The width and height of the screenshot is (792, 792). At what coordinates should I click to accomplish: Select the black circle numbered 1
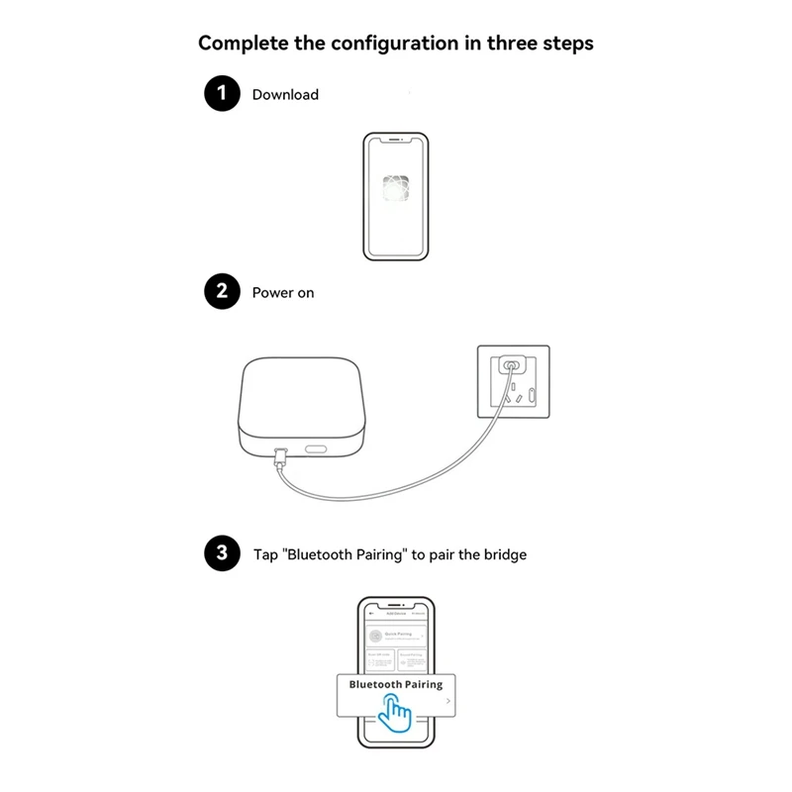pyautogui.click(x=222, y=94)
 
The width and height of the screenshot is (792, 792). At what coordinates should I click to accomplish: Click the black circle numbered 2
pyautogui.click(x=222, y=292)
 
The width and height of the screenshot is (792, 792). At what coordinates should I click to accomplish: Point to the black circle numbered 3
pyautogui.click(x=222, y=553)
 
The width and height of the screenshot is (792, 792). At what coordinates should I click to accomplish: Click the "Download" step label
pyautogui.click(x=285, y=95)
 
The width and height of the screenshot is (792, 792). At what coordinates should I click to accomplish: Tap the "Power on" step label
pyautogui.click(x=283, y=293)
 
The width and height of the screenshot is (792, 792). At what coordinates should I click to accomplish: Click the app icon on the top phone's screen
pyautogui.click(x=396, y=188)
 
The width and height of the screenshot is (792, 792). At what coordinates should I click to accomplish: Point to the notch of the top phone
pyautogui.click(x=396, y=141)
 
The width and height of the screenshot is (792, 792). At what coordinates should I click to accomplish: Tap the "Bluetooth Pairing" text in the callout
pyautogui.click(x=396, y=684)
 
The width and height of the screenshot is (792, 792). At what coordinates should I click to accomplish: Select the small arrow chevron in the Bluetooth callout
pyautogui.click(x=448, y=701)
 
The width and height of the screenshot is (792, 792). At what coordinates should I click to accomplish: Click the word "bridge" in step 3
pyautogui.click(x=504, y=554)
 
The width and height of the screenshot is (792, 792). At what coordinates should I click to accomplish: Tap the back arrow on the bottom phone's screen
pyautogui.click(x=370, y=613)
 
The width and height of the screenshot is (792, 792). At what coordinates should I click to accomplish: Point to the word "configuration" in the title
pyautogui.click(x=379, y=44)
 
